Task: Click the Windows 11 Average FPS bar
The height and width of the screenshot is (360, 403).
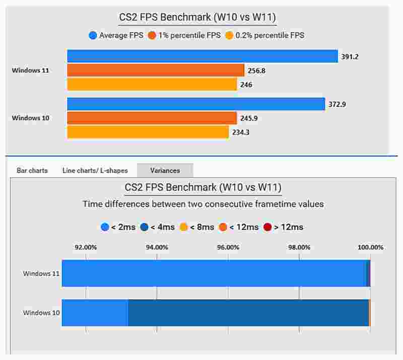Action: [201, 56]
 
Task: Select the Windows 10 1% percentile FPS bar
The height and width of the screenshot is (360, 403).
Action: [151, 118]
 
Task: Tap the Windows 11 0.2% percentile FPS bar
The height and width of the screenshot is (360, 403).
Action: [151, 84]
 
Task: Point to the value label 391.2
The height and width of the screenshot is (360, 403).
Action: [350, 57]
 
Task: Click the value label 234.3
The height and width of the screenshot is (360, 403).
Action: [241, 132]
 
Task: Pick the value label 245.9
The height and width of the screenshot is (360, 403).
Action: [249, 118]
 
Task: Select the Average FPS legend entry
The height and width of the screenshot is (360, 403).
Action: [116, 35]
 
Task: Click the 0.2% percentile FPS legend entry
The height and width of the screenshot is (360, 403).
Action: [264, 35]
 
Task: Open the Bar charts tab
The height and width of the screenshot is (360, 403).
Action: [32, 170]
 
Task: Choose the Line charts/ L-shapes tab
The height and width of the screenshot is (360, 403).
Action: [95, 170]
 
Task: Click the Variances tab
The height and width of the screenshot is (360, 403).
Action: [165, 170]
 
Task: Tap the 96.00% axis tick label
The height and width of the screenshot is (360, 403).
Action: [228, 247]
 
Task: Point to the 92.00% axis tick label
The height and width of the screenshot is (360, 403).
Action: [86, 247]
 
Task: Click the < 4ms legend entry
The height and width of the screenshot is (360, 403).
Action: [158, 227]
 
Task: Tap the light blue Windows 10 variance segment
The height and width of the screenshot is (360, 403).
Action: [95, 313]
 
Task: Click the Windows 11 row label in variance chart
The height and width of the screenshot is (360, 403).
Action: [41, 274]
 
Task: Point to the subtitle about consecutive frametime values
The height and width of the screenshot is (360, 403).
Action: [203, 204]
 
